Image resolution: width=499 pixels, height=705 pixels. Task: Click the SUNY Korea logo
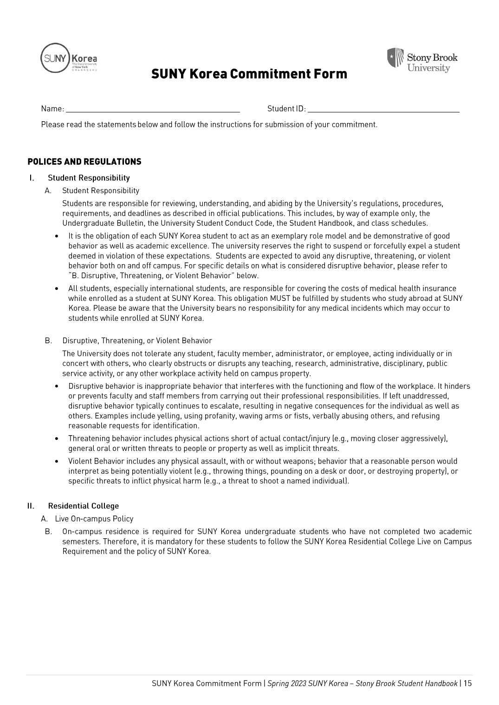click(69, 59)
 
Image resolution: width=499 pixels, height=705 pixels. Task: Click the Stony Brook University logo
click(422, 60)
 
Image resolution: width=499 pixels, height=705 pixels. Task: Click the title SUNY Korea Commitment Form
click(249, 74)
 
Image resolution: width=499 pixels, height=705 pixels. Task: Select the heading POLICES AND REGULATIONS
click(84, 162)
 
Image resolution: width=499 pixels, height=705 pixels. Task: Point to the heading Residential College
click(83, 506)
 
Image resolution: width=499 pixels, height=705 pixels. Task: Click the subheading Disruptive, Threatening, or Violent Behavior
click(137, 340)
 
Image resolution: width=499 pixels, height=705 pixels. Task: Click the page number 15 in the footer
click(467, 683)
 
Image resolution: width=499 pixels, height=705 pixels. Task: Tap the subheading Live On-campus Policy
click(94, 519)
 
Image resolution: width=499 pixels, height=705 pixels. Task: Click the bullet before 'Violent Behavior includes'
click(57, 462)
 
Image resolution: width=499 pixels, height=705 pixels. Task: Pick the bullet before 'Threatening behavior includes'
click(57, 438)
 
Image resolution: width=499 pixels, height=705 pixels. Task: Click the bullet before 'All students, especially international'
click(57, 289)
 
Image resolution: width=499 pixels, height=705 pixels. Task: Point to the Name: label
click(52, 109)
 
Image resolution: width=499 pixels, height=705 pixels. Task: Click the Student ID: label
click(286, 109)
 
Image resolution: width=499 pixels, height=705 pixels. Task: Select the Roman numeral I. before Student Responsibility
click(31, 178)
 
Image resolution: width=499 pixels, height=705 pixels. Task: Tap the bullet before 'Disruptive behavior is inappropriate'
click(57, 386)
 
